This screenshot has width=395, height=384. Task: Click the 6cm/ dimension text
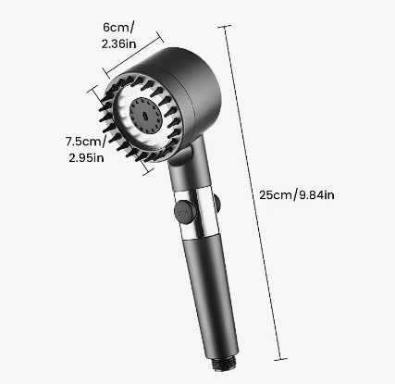[x=118, y=28]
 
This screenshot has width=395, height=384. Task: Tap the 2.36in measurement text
[x=118, y=43]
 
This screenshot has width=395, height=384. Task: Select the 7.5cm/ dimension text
[x=86, y=142]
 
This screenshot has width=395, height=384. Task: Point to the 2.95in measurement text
[x=86, y=157]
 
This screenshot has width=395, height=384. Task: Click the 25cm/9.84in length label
[x=297, y=195]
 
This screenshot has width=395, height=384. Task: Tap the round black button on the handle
[x=185, y=212]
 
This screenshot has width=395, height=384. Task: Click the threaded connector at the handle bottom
[x=225, y=364]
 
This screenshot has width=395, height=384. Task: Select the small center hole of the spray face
[x=145, y=115]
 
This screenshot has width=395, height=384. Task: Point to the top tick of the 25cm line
[x=225, y=27]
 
